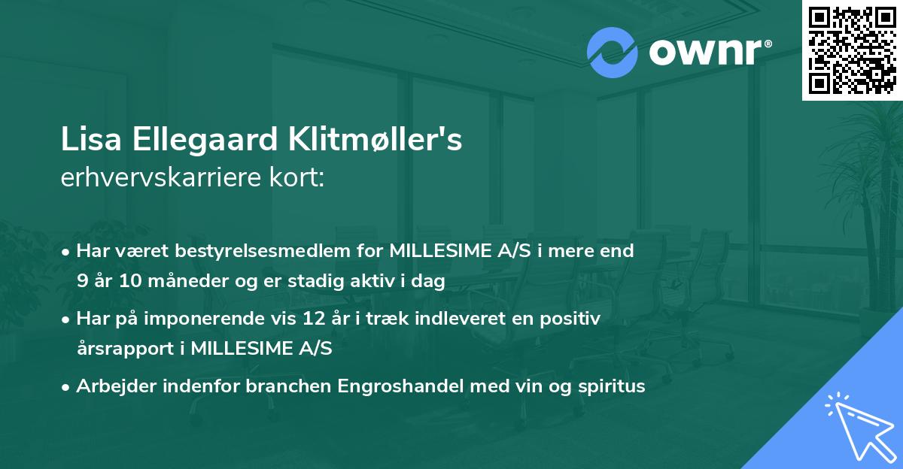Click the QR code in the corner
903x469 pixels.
coord(853,50)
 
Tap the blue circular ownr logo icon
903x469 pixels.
coord(612,53)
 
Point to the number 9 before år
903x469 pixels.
coord(81,282)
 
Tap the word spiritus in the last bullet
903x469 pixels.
coord(612,386)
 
